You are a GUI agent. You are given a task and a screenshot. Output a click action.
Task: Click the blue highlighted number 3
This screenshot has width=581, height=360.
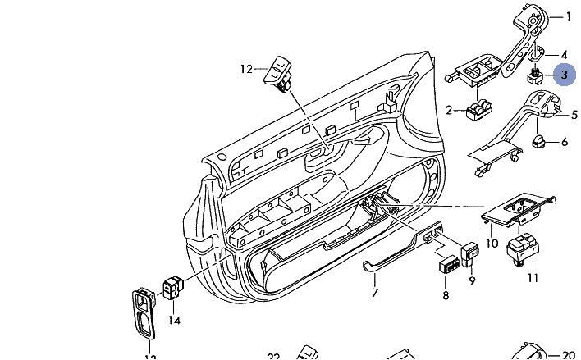click(564, 75)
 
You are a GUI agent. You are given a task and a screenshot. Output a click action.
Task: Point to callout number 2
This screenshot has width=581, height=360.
click(449, 110)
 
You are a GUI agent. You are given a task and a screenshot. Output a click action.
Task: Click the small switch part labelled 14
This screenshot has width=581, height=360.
click(173, 288)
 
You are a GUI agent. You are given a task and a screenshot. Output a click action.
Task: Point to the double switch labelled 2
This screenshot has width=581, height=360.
click(478, 111)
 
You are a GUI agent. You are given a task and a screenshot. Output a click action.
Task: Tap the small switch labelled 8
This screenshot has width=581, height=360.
click(449, 265)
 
